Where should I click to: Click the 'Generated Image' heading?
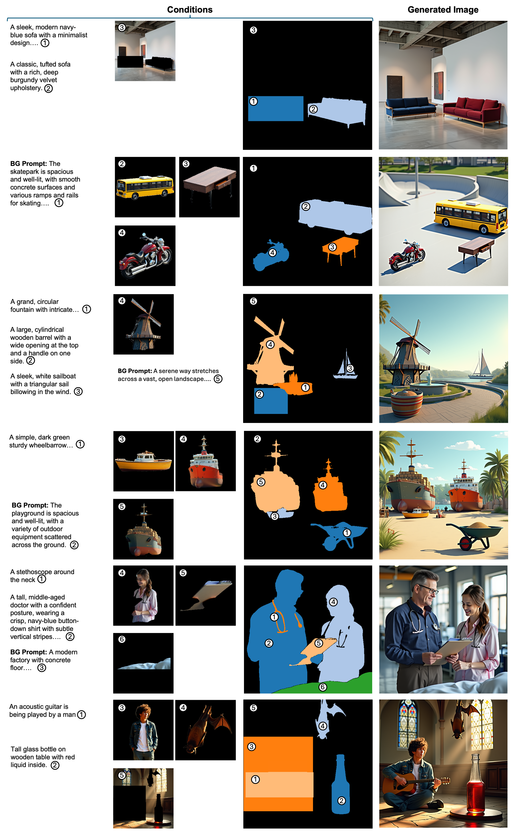[x=443, y=9]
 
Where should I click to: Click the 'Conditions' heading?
[x=190, y=9]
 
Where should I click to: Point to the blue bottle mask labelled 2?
[x=341, y=784]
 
